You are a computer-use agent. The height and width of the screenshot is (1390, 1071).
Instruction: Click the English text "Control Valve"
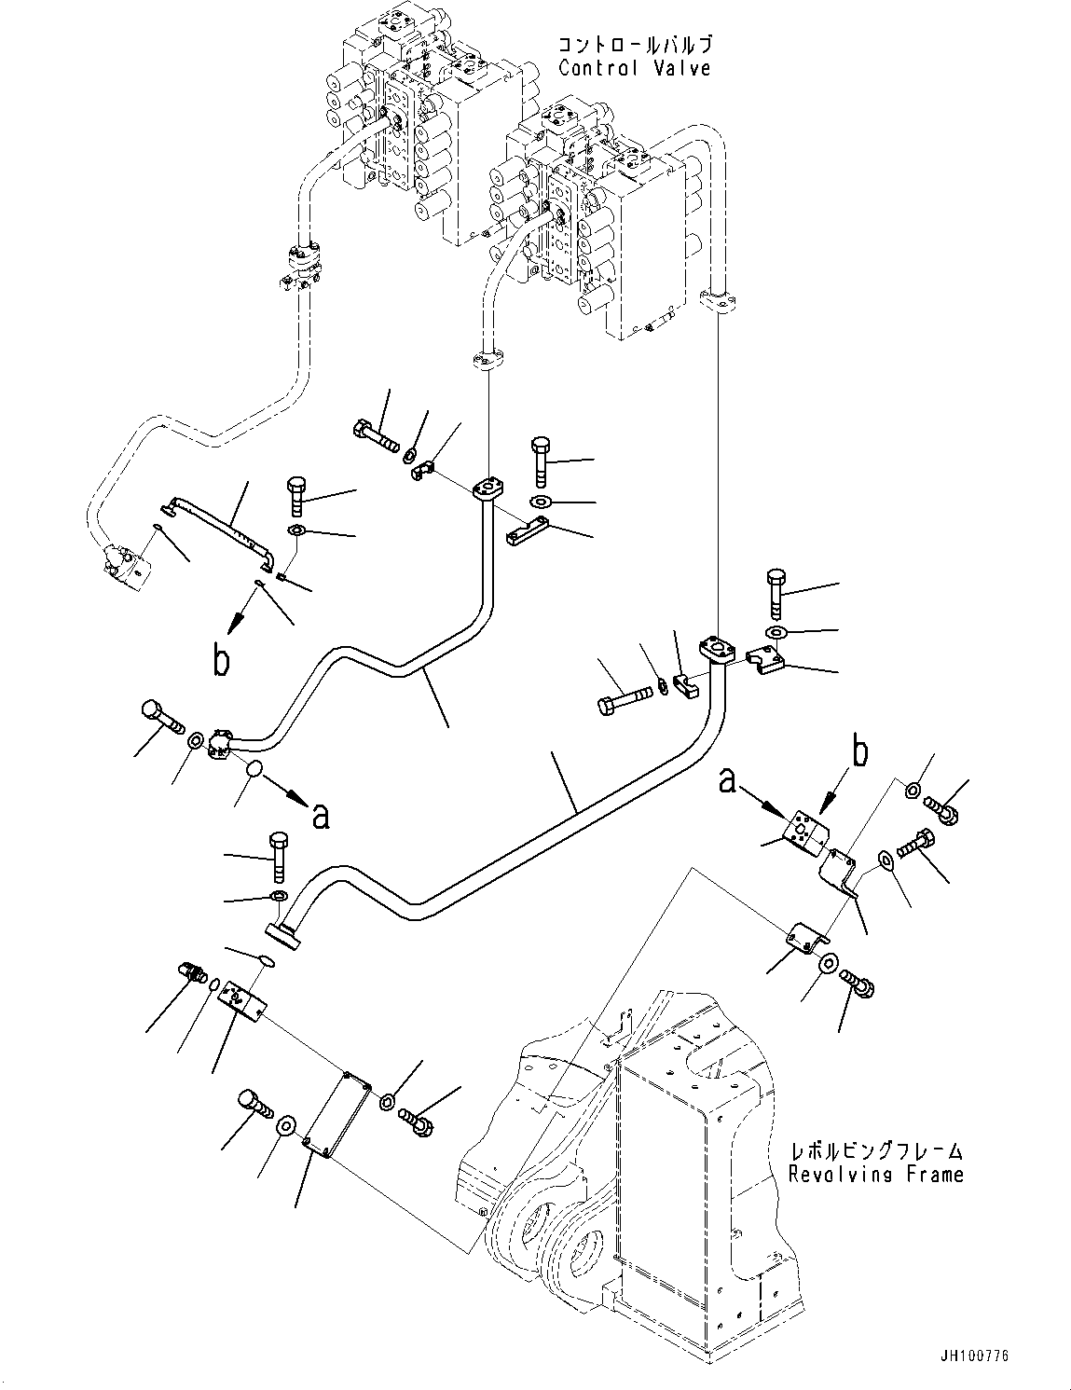(634, 68)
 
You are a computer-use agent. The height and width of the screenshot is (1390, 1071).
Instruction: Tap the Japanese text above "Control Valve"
(636, 45)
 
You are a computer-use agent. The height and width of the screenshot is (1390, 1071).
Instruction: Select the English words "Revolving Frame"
(875, 1174)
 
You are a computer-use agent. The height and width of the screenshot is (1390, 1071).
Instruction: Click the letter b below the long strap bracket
(221, 660)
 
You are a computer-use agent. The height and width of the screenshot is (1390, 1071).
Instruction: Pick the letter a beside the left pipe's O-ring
(320, 816)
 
